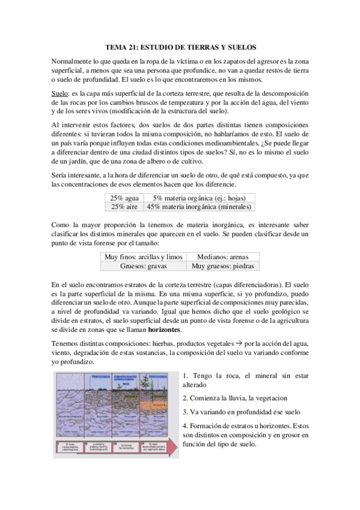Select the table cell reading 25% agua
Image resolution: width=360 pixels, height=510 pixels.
tap(124, 197)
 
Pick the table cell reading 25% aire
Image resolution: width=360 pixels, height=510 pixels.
tap(124, 206)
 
